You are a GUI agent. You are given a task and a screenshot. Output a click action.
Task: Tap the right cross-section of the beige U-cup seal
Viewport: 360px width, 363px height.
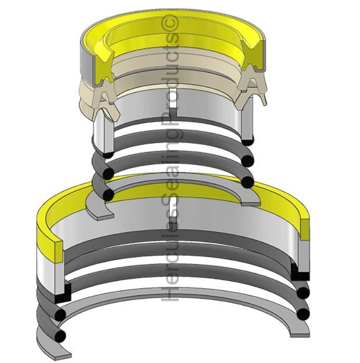pos(252,90)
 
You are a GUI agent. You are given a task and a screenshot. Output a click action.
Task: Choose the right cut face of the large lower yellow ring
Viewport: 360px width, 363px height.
pos(304,228)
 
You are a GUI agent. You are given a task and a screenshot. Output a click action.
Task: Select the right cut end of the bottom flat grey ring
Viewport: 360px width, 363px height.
pos(301,332)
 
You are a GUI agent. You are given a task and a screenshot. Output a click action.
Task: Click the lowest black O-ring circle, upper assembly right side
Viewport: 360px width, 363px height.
pos(248,182)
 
